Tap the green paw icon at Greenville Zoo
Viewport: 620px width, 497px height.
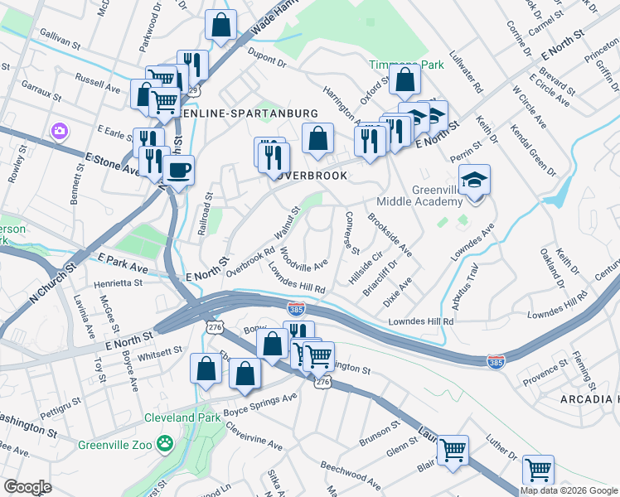tap(166, 444)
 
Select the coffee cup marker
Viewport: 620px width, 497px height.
tap(178, 171)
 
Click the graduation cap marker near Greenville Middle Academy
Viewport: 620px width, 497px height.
tap(475, 180)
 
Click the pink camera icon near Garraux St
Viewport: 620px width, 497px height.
tap(59, 131)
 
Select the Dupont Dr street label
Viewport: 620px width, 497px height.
tap(265, 61)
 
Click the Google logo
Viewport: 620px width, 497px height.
tap(27, 487)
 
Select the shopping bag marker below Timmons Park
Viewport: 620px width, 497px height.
tap(405, 80)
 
